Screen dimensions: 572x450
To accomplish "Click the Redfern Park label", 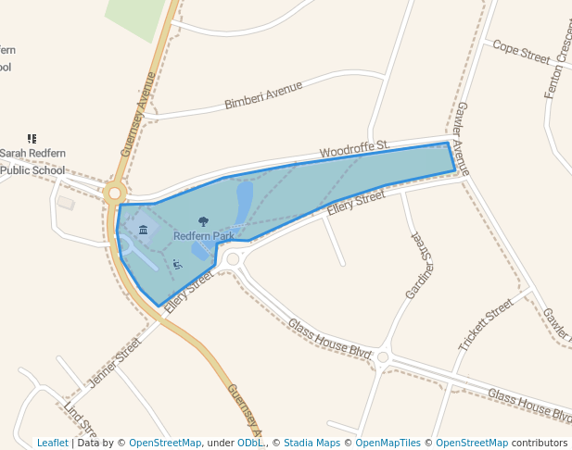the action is [x=203, y=236].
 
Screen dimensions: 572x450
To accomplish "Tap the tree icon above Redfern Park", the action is [x=204, y=222].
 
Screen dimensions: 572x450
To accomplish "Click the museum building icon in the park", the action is [x=143, y=230].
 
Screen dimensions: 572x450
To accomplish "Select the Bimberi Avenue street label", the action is [x=263, y=95].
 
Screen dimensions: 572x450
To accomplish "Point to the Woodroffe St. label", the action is [x=354, y=148].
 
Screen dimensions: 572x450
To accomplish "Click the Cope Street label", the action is [x=521, y=51].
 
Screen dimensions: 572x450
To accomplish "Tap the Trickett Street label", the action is [x=485, y=324].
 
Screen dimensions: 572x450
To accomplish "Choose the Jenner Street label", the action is [x=115, y=362].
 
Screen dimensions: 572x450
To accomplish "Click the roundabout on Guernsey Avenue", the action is [x=115, y=194].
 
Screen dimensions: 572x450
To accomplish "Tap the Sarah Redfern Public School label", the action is [x=32, y=161].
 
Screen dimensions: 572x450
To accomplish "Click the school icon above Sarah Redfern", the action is [x=32, y=139].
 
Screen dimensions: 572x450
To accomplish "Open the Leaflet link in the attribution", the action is [x=53, y=443].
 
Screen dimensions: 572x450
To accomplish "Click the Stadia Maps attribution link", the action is [x=311, y=443].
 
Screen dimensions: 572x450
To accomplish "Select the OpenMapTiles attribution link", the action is [x=392, y=443].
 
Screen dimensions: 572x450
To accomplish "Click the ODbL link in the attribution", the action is [x=250, y=443].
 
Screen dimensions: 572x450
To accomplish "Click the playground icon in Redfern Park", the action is [x=177, y=265].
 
